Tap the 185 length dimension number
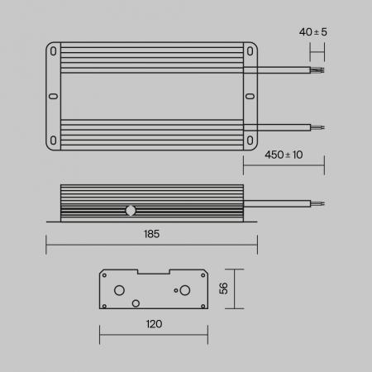tap(151, 234)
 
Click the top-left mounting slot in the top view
tap(55, 50)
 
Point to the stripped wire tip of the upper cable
tap(317, 70)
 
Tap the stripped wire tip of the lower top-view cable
tap(317, 127)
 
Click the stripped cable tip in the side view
tap(317, 203)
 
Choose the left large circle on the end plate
tap(121, 290)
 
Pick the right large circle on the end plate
tap(185, 290)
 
